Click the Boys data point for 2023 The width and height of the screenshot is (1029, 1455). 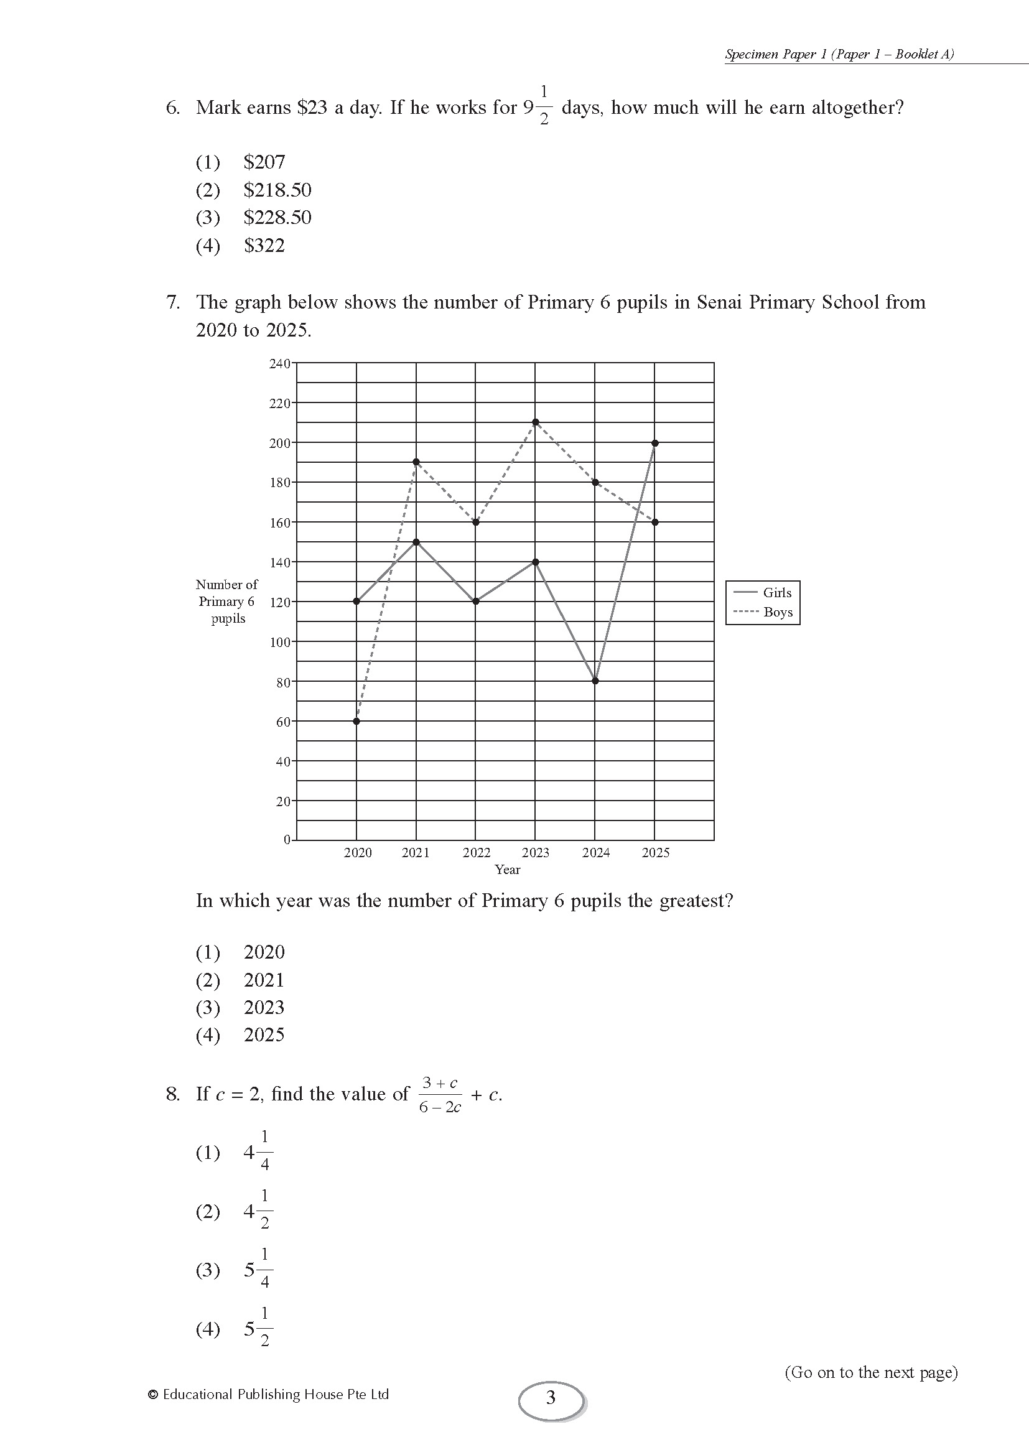click(x=536, y=422)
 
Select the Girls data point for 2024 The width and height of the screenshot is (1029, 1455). click(x=595, y=681)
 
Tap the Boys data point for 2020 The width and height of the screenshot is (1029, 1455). click(x=356, y=721)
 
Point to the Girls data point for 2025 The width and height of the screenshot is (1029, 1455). click(x=655, y=443)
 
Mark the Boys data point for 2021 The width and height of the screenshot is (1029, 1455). click(x=416, y=462)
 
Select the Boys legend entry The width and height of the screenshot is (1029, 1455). click(x=763, y=612)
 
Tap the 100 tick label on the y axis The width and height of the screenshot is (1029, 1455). click(x=279, y=642)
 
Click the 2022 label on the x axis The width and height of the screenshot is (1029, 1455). click(x=477, y=853)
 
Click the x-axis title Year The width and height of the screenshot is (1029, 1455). click(x=508, y=870)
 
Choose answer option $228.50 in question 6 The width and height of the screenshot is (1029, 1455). click(x=277, y=218)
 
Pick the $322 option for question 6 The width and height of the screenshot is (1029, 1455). click(x=264, y=246)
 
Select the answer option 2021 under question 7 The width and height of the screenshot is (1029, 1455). click(x=264, y=980)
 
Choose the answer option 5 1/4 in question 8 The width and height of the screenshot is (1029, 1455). click(x=259, y=1270)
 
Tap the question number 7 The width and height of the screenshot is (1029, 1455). click(x=172, y=302)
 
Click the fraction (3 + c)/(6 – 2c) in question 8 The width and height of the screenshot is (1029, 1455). click(x=440, y=1094)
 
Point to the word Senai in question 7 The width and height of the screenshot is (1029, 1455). click(x=719, y=302)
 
